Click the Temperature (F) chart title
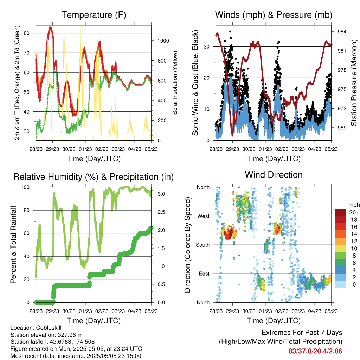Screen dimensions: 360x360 [x=94, y=15]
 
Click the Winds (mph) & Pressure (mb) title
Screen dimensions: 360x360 [x=274, y=15]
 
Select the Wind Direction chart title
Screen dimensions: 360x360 [x=274, y=175]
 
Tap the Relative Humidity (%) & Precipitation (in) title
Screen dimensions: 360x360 [x=94, y=177]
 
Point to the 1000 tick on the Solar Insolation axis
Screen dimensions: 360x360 [x=163, y=41]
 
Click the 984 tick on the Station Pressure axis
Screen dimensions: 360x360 [x=342, y=32]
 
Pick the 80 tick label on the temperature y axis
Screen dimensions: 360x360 [x=27, y=33]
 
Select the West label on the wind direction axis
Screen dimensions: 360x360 [x=204, y=216]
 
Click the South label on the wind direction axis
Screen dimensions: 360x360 [x=203, y=245]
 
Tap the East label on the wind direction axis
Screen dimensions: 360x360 [x=204, y=274]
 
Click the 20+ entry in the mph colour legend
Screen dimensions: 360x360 [x=354, y=212]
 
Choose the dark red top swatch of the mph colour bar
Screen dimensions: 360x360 [x=340, y=212]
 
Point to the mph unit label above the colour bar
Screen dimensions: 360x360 [x=354, y=205]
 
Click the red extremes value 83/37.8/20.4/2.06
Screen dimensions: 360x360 [x=315, y=351]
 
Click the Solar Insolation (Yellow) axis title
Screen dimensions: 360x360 [x=175, y=83]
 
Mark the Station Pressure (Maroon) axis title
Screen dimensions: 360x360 [x=354, y=83]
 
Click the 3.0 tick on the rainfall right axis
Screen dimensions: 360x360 [x=161, y=194]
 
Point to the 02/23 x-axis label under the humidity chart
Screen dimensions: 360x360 [x=102, y=311]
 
